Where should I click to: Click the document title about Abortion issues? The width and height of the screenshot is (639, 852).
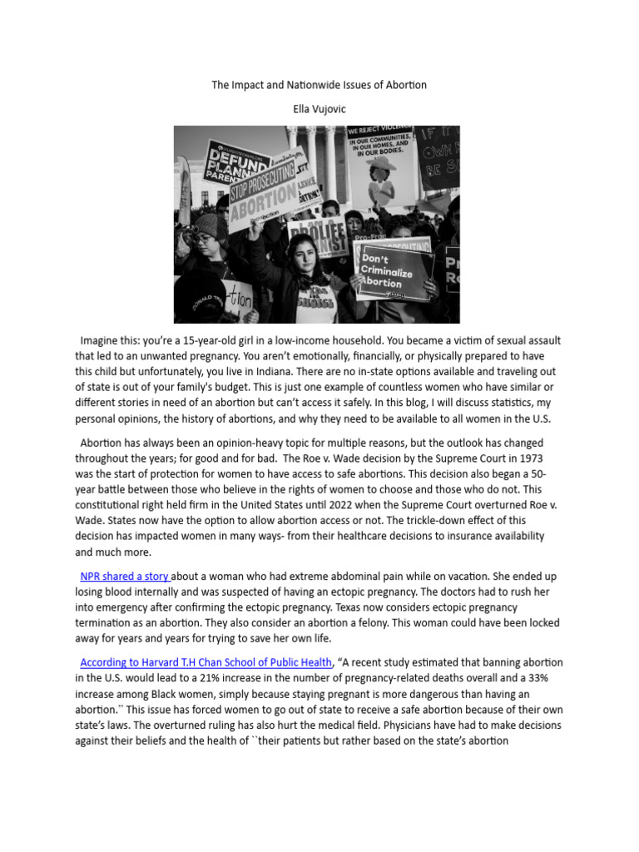(319, 86)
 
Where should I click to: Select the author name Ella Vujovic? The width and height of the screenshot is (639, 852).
(319, 110)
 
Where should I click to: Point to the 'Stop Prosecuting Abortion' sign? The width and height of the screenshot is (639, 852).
(263, 196)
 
